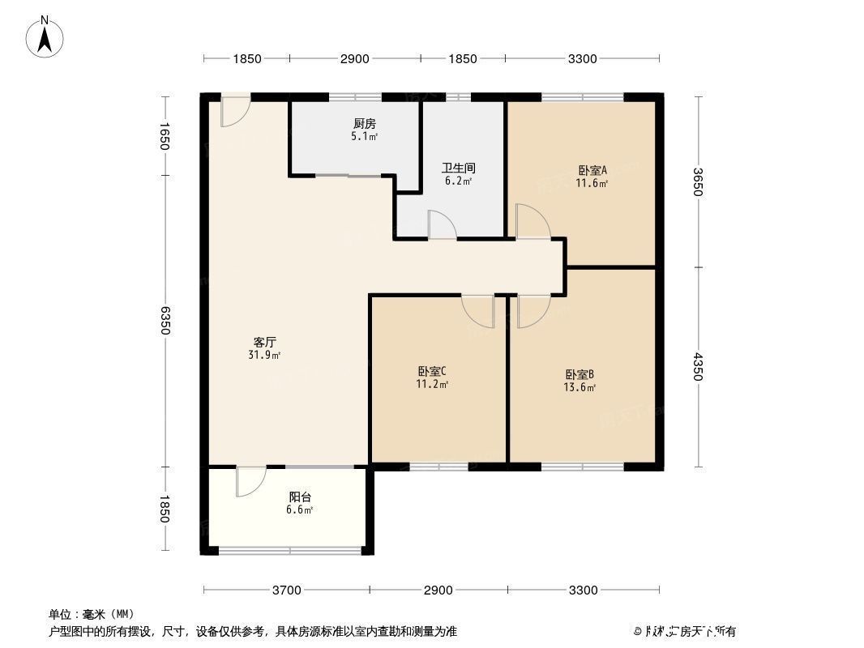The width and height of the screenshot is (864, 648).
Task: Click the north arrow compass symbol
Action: pos(46,36)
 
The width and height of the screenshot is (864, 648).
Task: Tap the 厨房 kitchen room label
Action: pos(364,124)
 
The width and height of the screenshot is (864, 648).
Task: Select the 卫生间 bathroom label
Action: pos(458,168)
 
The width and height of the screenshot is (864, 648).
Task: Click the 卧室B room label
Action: pos(580,375)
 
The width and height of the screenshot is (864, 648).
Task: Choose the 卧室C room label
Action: pos(432,372)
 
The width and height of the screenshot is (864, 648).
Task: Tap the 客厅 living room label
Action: pos(265,343)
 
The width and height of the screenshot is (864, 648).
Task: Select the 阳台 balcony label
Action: pos(301,497)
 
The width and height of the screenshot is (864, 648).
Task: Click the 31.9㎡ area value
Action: pos(265,355)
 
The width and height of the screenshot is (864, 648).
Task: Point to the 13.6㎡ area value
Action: pos(580,387)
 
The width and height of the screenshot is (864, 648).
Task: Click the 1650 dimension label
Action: pos(165,136)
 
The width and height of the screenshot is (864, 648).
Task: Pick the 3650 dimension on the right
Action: pos(698,183)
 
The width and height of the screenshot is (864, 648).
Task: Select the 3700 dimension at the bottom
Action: pos(286,590)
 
